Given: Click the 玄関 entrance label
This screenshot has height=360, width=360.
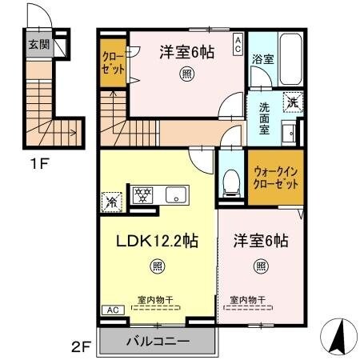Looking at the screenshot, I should click(38, 45).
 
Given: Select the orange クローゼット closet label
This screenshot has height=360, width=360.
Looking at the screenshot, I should click(111, 62).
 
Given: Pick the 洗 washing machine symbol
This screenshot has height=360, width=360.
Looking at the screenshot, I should click(294, 102).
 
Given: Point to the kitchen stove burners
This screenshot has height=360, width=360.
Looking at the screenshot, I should click(143, 194).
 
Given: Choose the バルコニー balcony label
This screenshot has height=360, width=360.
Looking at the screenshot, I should click(158, 341).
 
